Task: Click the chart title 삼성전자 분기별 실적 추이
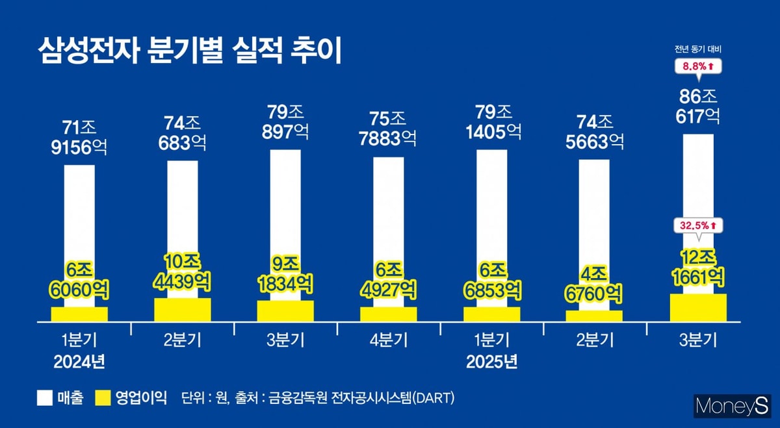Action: (x=190, y=50)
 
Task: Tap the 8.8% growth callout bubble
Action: (x=698, y=66)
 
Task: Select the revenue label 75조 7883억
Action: (x=389, y=129)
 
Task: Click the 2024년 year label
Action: (x=79, y=361)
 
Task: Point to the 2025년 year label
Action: (x=492, y=361)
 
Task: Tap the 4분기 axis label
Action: (x=389, y=340)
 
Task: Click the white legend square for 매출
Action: (x=44, y=398)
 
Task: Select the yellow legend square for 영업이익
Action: (x=104, y=398)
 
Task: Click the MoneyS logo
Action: (x=732, y=407)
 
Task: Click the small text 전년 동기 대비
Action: (x=698, y=49)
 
